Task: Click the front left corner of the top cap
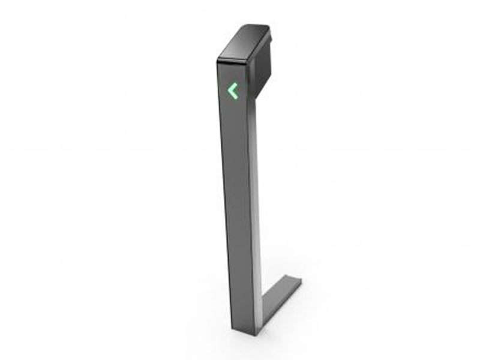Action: coord(217,59)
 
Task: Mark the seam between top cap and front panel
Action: coord(231,62)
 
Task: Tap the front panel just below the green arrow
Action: coord(233,114)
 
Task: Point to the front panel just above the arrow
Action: coord(232,73)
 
